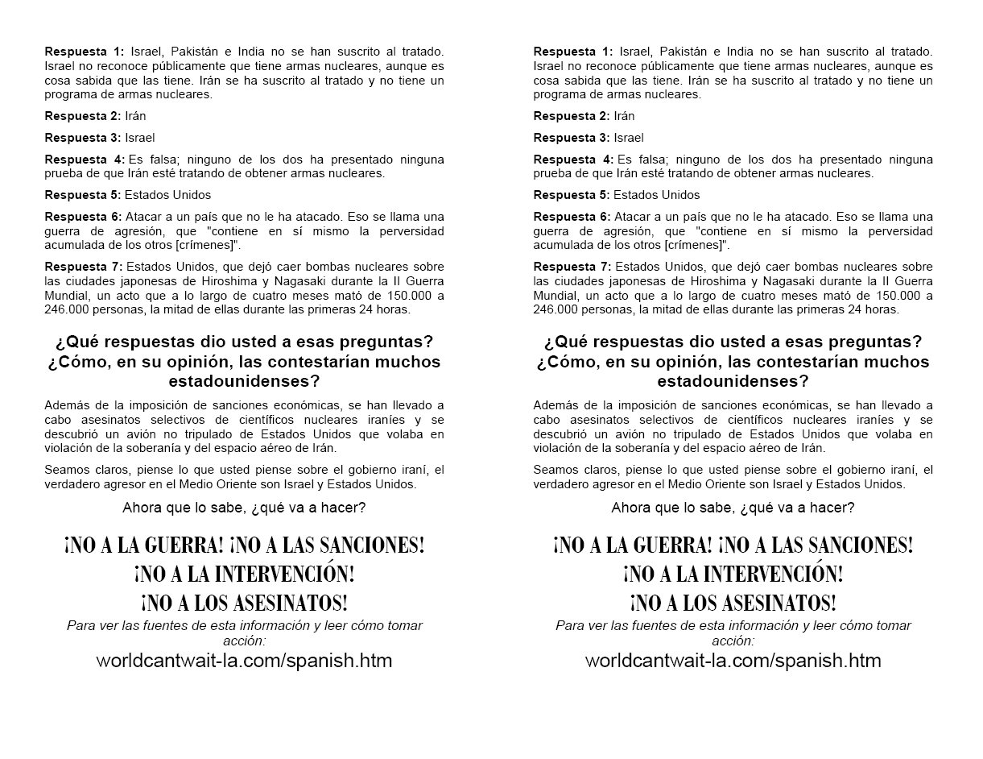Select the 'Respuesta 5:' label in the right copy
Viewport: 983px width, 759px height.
[571, 195]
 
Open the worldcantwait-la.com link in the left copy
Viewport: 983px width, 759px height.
[244, 662]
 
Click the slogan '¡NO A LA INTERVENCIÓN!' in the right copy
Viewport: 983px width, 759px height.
[733, 574]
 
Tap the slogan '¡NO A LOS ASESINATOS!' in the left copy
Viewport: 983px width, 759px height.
[244, 603]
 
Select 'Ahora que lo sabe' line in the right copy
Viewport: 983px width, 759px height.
[733, 508]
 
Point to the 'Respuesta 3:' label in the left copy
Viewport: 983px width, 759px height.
[82, 138]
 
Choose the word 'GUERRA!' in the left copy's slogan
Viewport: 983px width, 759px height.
[183, 545]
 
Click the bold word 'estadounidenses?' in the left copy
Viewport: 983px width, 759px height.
[244, 379]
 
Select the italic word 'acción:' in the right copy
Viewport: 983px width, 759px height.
[733, 641]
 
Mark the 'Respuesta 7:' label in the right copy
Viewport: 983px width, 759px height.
[571, 266]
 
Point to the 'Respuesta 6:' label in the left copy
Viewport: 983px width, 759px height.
[82, 217]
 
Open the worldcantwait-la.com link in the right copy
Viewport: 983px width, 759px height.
[733, 662]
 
